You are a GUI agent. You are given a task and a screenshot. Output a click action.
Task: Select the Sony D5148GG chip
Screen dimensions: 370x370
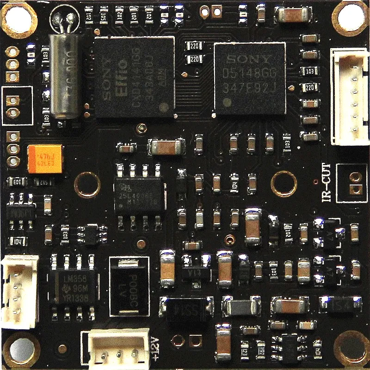250,79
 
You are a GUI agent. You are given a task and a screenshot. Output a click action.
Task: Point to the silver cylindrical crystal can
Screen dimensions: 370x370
64,74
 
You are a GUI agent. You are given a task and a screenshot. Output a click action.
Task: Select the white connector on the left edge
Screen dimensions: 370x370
20,289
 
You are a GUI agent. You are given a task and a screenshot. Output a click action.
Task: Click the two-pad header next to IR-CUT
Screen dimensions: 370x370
355,183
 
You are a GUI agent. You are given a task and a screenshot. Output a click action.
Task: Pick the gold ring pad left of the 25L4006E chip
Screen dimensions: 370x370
87,185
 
